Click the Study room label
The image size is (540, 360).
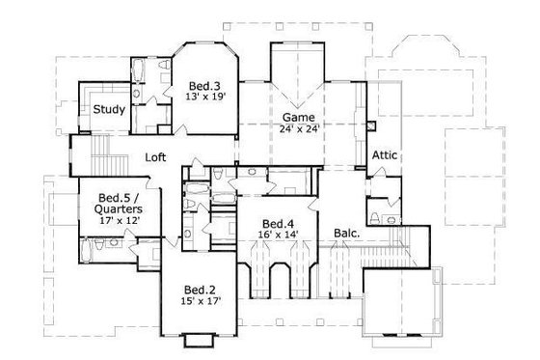tap(109, 109)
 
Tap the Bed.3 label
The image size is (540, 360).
tap(202, 84)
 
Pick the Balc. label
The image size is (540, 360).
tap(346, 233)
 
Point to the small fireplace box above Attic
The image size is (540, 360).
tap(371, 125)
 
